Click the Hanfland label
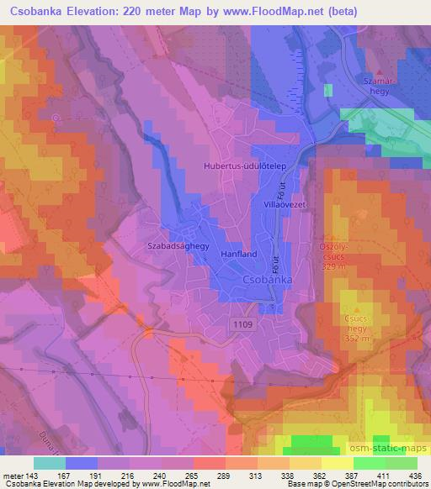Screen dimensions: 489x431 click(237, 253)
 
